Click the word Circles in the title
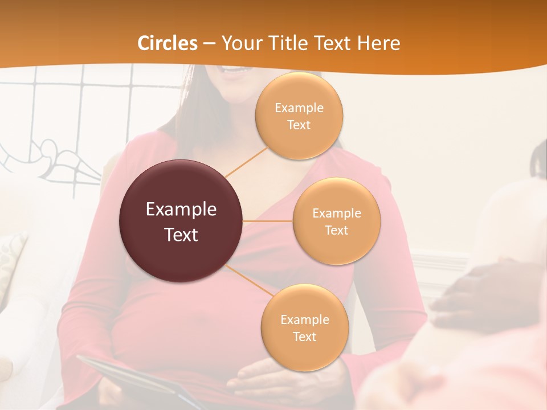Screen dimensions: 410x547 168,43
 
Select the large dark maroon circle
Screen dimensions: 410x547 181,221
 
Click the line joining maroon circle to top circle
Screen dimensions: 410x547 246,162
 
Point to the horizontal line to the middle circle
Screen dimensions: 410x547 268,221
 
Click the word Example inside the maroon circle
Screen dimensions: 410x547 181,210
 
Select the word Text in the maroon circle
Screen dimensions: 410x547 181,235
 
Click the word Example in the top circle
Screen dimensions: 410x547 299,108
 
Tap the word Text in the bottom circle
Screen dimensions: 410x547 304,337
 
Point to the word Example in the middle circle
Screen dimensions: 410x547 337,214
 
